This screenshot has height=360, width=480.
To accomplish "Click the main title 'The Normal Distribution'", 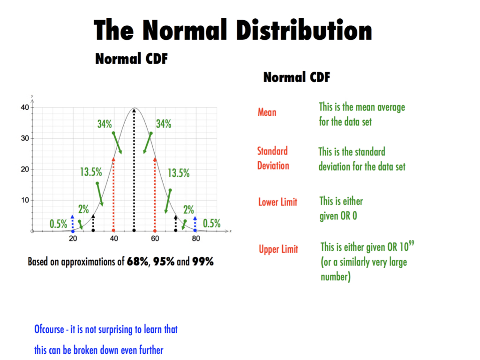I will click(233, 30).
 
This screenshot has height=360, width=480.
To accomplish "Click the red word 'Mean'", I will click(267, 112).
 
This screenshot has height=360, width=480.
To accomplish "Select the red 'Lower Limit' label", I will click(277, 202).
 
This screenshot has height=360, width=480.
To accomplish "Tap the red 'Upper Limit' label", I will click(278, 249).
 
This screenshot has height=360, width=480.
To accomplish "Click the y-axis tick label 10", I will click(24, 200).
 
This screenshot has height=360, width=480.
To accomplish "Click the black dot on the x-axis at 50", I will click(135, 231).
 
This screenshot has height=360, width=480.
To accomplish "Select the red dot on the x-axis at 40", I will click(113, 231).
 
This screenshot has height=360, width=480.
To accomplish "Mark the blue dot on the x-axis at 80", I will click(195, 231).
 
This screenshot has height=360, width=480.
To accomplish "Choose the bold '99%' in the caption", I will click(202, 262).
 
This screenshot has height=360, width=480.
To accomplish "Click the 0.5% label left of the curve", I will click(59, 224).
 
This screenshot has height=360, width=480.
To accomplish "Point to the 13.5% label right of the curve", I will click(179, 173).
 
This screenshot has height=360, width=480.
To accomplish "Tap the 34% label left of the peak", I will click(105, 124).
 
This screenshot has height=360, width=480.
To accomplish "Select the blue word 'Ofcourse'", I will click(49, 330).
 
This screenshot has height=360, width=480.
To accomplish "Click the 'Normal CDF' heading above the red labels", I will click(297, 77).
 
